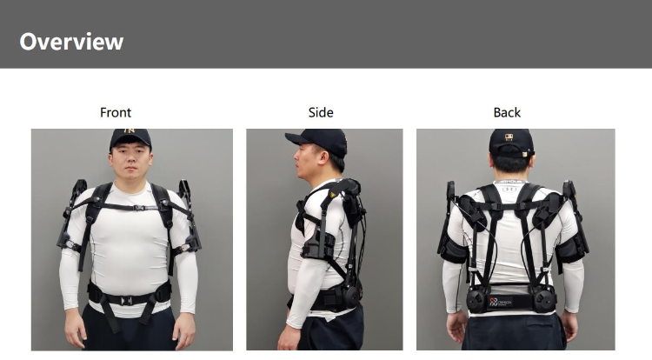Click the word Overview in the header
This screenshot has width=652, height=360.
(71, 42)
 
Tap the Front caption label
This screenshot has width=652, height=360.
(116, 113)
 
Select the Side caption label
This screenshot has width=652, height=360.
(321, 113)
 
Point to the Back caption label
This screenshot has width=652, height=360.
(507, 113)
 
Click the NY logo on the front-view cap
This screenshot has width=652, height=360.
(130, 131)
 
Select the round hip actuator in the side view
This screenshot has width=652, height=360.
(352, 297)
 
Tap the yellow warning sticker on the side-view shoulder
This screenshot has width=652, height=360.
(333, 194)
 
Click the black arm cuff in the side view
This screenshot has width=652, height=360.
(318, 245)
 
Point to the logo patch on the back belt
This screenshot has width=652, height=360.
(501, 303)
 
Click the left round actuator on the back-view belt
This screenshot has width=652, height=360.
(476, 300)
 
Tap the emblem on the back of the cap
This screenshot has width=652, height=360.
(509, 137)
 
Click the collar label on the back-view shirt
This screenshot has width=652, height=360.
(510, 182)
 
